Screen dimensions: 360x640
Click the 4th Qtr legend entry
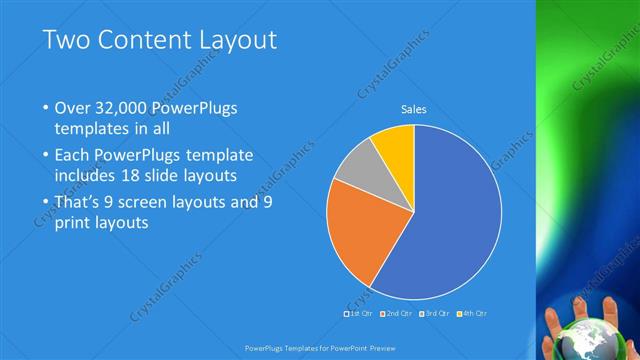pos(473,314)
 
